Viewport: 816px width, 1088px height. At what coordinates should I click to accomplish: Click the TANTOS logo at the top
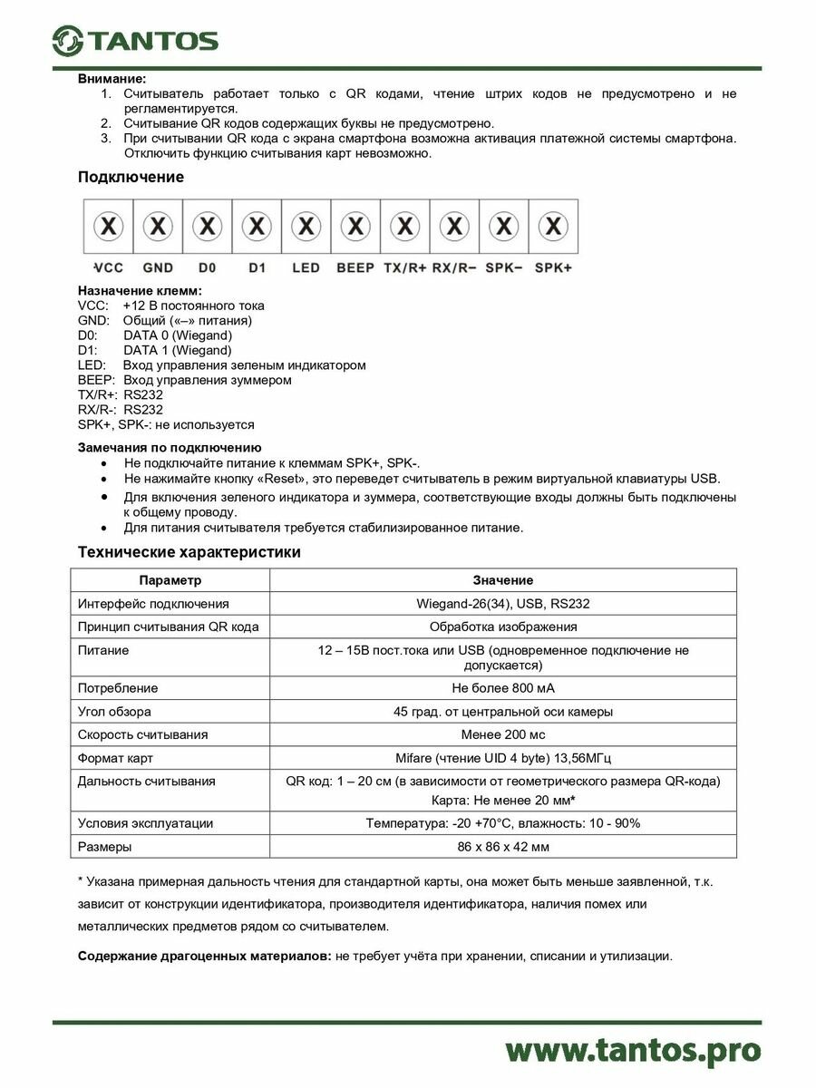pyautogui.click(x=135, y=40)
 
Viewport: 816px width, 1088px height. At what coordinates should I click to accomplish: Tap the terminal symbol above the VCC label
pyautogui.click(x=109, y=225)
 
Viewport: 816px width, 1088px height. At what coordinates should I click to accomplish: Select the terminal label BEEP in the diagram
pyautogui.click(x=355, y=268)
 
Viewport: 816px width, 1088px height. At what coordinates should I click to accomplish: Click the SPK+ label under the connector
pyautogui.click(x=553, y=268)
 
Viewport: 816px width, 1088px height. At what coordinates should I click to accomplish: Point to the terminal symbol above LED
pyautogui.click(x=306, y=225)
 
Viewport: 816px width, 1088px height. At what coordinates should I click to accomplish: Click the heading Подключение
pyautogui.click(x=131, y=177)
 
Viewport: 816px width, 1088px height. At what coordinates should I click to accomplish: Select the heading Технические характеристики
pyautogui.click(x=189, y=552)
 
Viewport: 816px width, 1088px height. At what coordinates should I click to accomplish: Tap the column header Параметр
pyautogui.click(x=170, y=580)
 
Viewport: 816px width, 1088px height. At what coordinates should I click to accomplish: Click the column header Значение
pyautogui.click(x=502, y=580)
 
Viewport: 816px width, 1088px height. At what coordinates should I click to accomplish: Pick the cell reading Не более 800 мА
pyautogui.click(x=502, y=688)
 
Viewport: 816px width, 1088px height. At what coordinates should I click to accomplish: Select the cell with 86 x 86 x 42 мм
pyautogui.click(x=502, y=846)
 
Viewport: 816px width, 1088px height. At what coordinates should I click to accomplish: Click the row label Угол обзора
pyautogui.click(x=114, y=712)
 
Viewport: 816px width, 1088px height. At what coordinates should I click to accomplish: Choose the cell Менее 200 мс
pyautogui.click(x=502, y=734)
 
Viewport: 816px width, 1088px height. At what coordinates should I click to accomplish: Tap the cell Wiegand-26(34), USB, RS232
pyautogui.click(x=502, y=603)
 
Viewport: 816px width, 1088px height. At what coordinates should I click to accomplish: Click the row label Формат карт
pyautogui.click(x=115, y=758)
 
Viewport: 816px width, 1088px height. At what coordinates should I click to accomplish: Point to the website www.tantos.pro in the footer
pyautogui.click(x=632, y=1050)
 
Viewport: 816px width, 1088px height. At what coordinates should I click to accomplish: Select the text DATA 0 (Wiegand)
pyautogui.click(x=178, y=335)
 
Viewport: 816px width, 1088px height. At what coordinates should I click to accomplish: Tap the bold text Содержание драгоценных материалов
pyautogui.click(x=205, y=956)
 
